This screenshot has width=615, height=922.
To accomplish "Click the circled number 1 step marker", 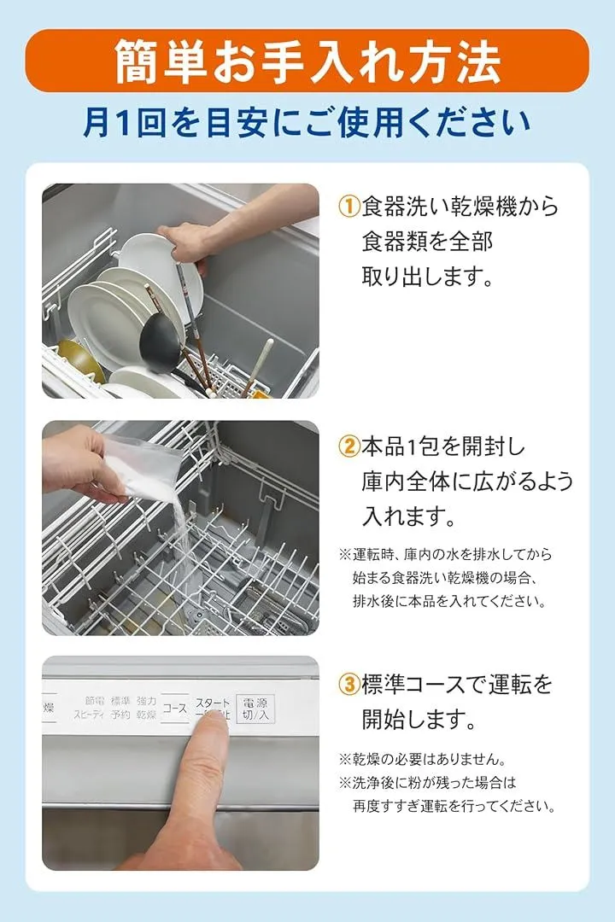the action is (348, 206).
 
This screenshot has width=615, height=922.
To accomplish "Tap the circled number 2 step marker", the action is (348, 446).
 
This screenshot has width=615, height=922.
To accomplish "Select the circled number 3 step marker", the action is (348, 684).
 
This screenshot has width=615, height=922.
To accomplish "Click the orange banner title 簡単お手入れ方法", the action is (307, 61).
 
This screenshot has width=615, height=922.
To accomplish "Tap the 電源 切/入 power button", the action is (255, 709).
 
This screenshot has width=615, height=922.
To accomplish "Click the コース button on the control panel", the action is (175, 708).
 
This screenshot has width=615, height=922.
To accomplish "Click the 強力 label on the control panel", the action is (147, 701).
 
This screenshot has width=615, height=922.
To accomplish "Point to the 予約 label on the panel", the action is (120, 715).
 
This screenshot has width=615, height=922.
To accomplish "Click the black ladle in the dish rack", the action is (159, 343).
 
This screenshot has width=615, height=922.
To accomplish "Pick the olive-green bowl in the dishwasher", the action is (80, 360).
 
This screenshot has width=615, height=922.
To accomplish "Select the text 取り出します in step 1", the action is (420, 276).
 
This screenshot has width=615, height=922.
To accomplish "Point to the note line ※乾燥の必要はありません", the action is (422, 759).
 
